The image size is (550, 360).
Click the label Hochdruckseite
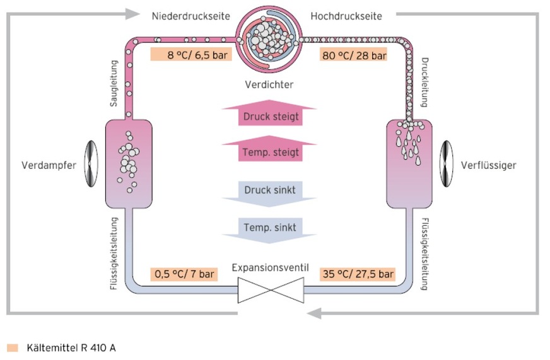pos(346,16)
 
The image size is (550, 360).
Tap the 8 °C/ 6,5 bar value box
pos(190,55)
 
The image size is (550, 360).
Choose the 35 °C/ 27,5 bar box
pos(357,274)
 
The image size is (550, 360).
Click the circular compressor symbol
pos(269,37)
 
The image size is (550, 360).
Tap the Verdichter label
pos(269,84)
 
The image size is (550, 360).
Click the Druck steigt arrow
pos(269,115)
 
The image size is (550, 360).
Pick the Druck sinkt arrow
pos(269,191)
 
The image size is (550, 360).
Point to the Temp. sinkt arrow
pos(269,228)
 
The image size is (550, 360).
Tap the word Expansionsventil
pos(270,268)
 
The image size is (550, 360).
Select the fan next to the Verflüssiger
pos(447,165)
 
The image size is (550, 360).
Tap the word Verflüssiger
pos(489,166)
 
